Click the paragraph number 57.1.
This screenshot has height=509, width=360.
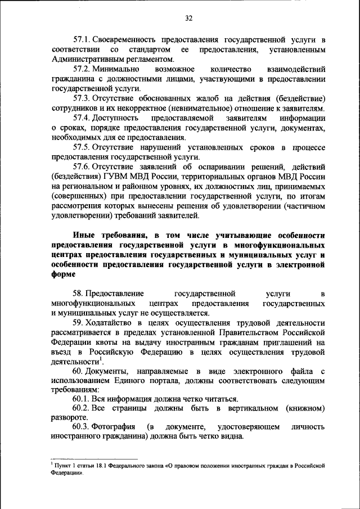pos(82,41)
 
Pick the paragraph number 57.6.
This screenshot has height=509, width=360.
pos(82,166)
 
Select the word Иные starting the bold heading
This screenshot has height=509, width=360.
pos(83,235)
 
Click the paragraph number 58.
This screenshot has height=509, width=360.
pos(79,294)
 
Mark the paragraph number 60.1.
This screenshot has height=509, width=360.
pos(82,399)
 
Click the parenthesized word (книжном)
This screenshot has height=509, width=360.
pos(305,408)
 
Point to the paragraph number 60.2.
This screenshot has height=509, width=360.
pos(82,408)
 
